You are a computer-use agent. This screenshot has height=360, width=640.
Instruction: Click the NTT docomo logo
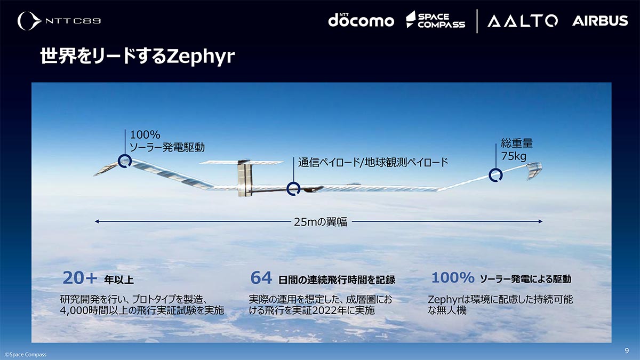click(361, 20)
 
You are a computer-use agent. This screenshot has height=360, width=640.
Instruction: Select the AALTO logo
click(523, 21)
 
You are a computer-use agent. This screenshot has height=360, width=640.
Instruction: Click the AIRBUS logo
click(600, 21)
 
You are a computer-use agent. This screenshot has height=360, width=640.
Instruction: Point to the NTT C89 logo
click(59, 21)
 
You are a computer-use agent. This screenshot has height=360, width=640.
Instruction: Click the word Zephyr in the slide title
click(201, 57)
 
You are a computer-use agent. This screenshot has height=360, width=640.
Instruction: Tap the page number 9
click(627, 350)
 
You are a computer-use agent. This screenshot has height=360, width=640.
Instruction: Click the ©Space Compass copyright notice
click(26, 355)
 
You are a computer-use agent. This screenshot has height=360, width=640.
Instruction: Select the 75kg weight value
click(514, 156)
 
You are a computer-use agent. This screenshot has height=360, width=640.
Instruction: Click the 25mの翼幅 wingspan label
click(321, 222)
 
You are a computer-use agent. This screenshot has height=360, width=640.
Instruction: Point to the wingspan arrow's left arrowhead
click(97, 221)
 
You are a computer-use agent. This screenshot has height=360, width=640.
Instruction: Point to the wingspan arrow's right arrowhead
click(540, 221)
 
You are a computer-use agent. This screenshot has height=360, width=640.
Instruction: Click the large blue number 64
click(261, 278)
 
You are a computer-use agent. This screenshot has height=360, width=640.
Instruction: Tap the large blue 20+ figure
click(79, 278)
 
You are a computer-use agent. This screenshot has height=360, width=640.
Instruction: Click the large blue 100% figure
click(453, 277)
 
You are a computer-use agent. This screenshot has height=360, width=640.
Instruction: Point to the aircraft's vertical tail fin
click(245, 179)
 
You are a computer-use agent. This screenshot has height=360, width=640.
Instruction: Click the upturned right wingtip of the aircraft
click(534, 170)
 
